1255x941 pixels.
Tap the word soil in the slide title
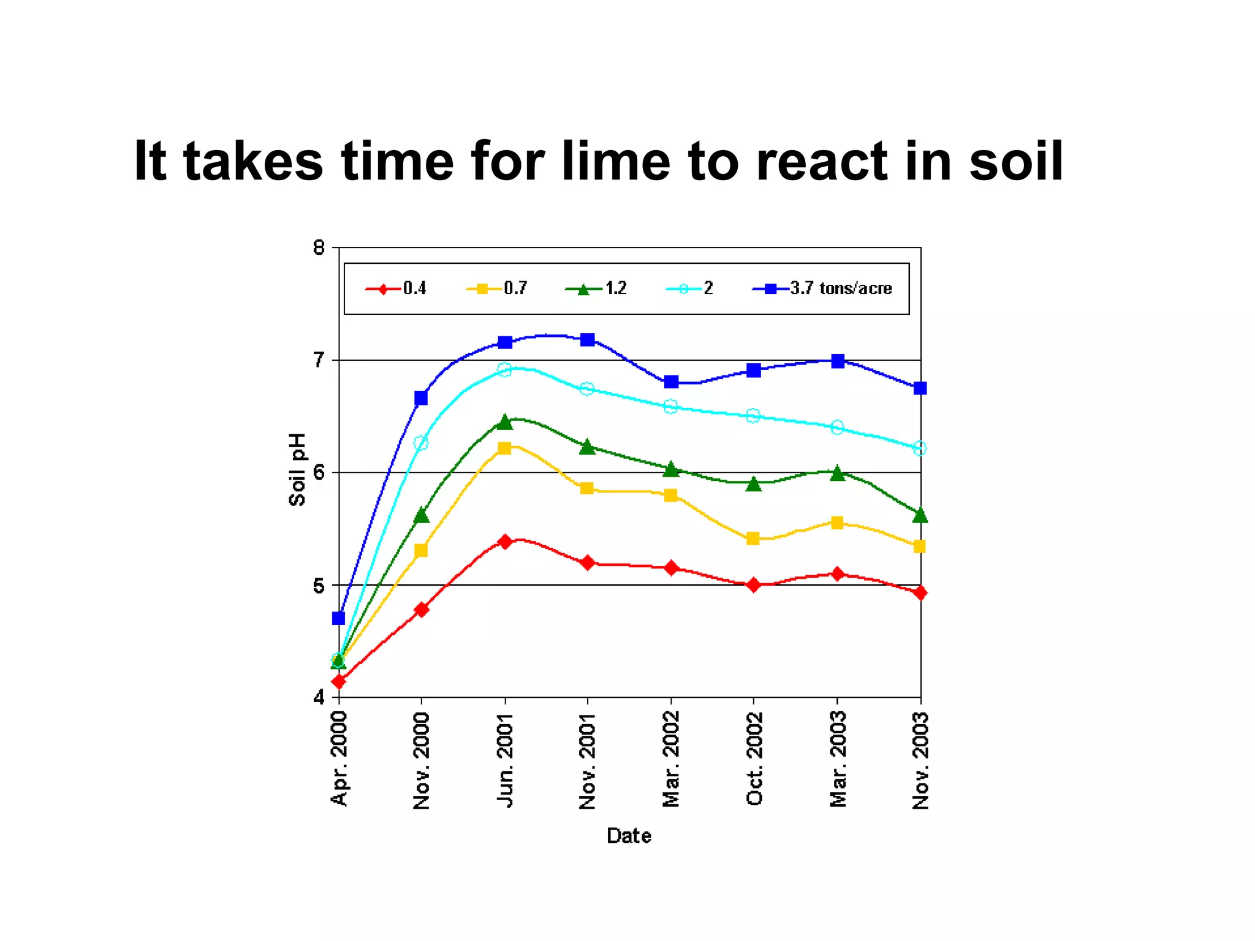click(1015, 161)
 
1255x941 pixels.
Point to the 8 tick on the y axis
click(319, 248)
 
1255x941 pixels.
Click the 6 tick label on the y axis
click(319, 473)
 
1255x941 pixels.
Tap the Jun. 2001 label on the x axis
click(505, 760)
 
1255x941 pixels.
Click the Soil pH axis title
click(297, 470)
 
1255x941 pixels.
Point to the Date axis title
click(629, 836)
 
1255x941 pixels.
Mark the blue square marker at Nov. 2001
click(588, 340)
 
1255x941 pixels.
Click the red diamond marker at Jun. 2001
click(505, 542)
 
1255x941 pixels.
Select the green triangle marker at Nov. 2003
click(920, 516)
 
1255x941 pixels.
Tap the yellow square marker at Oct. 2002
click(753, 539)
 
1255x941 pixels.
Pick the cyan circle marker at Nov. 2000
click(421, 443)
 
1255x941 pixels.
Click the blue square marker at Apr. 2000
click(338, 618)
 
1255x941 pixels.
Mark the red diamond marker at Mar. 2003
click(838, 574)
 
